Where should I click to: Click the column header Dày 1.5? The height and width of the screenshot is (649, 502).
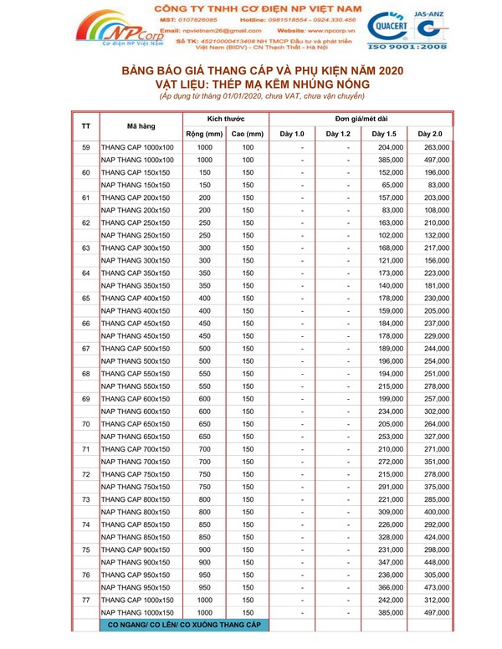coord(384,134)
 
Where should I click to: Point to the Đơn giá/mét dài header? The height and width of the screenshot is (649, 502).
coord(361,119)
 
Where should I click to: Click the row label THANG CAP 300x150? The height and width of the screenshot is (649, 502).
coord(137,248)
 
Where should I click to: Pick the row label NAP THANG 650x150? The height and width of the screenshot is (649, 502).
coord(137,436)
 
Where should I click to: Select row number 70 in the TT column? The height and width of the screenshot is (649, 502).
coord(86,424)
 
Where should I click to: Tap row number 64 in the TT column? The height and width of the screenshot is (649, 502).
coord(86,273)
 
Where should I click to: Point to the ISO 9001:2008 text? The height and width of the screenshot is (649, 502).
coord(434,49)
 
